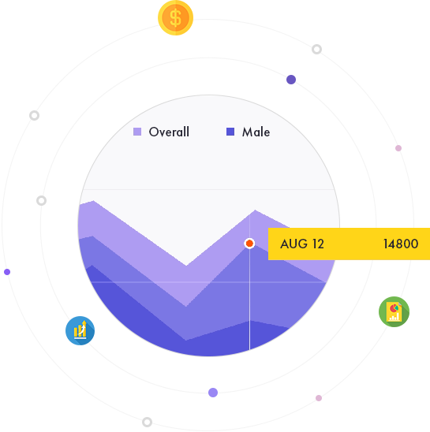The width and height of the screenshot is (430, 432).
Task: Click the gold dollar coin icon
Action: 175,17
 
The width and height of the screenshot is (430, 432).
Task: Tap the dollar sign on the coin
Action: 175,18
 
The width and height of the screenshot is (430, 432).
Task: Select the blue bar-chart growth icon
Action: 80,330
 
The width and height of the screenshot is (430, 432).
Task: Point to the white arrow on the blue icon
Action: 82,328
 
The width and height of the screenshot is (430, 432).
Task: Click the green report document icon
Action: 394,311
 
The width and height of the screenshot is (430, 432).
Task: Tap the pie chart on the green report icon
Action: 394,307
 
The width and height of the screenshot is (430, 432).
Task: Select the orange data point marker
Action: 249,244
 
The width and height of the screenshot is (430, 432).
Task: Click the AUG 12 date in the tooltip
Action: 302,244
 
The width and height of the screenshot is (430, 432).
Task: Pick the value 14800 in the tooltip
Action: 401,244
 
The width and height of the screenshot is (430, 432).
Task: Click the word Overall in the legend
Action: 169,132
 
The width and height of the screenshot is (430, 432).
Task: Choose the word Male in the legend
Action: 256,132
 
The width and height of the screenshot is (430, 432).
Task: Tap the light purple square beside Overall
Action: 137,132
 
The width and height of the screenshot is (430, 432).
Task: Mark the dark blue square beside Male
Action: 230,132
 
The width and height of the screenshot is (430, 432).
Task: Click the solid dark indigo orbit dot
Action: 291,80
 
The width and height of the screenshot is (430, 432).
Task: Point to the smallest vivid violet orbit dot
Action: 7,272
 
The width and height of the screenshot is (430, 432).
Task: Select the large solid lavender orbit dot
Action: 213,393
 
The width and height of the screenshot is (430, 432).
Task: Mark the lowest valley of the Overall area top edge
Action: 186,266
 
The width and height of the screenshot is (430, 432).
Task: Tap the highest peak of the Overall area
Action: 94,200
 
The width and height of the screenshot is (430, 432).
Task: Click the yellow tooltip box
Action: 349,244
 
